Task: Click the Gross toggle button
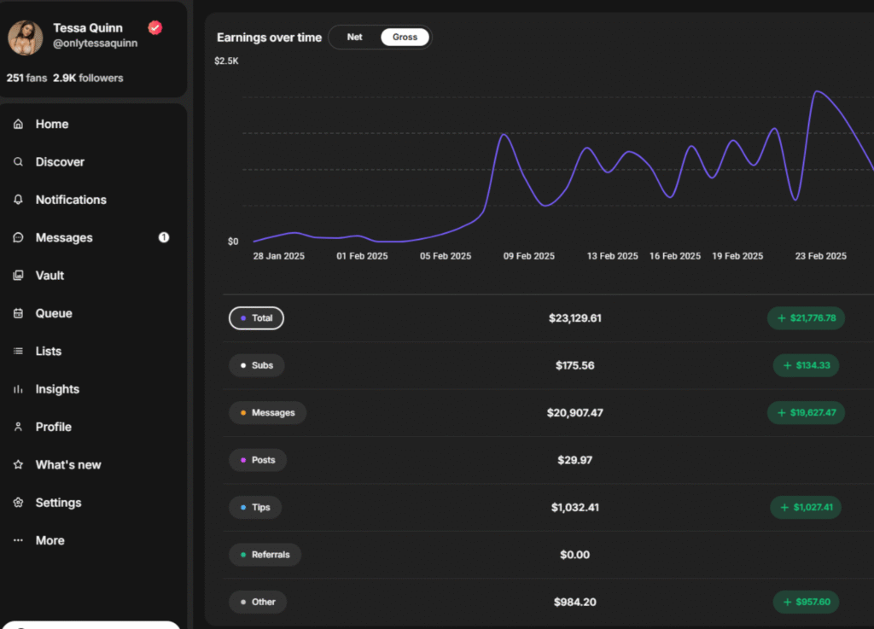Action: point(405,38)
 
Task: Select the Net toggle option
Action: point(355,38)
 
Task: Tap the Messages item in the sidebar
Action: point(64,237)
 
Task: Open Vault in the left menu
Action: point(50,276)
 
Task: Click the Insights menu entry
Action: point(57,389)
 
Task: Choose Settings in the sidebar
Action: point(58,503)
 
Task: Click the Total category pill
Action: point(256,318)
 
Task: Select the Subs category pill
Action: point(256,365)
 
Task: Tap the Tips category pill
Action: point(255,507)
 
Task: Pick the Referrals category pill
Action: point(265,555)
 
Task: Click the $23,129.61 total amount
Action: point(575,318)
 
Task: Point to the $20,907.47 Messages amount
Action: point(575,413)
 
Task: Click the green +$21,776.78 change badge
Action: point(806,318)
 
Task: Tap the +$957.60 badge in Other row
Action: point(806,602)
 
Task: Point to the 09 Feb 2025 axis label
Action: point(529,256)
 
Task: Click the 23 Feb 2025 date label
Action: point(820,256)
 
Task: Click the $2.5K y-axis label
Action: point(227,61)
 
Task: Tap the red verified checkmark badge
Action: point(154,28)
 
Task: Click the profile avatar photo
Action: point(26,38)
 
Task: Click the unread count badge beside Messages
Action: point(164,237)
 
